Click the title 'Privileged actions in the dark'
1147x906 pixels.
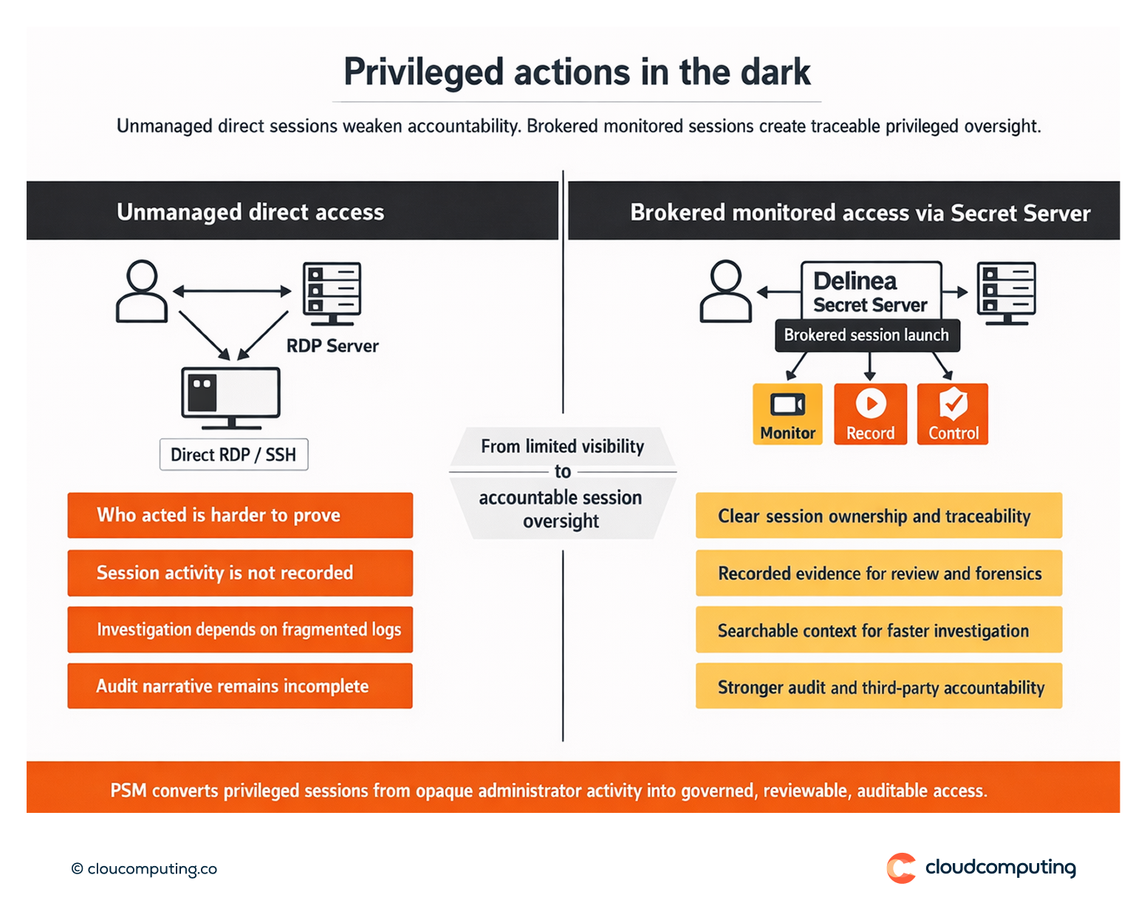tap(577, 72)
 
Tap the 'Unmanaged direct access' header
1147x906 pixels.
tap(250, 212)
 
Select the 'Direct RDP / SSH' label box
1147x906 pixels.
tap(233, 454)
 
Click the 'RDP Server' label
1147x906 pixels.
tap(332, 346)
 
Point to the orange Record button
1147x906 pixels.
tap(870, 414)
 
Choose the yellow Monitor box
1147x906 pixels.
tap(787, 414)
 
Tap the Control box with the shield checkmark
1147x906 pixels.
tap(953, 414)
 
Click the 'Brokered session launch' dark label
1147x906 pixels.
tap(866, 336)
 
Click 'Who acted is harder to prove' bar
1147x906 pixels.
tap(240, 515)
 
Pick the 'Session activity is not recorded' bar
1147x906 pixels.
tap(240, 573)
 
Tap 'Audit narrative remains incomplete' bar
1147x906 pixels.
tap(240, 686)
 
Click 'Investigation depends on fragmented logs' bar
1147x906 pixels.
tap(240, 630)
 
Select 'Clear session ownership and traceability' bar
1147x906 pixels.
tap(879, 516)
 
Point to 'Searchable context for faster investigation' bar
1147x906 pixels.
tap(879, 630)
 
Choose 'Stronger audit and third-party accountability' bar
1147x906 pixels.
tap(879, 687)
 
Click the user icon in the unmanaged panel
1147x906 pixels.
tap(142, 291)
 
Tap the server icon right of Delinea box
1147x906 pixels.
tap(1006, 293)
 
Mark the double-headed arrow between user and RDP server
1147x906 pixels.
tap(232, 291)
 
